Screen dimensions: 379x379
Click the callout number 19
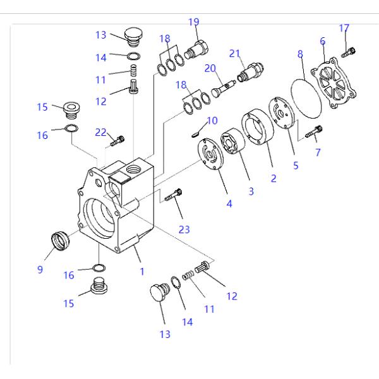[x=194, y=22]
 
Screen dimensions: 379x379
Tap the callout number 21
[x=234, y=54]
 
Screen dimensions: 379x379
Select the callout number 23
[x=184, y=229]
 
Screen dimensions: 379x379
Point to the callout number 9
[x=40, y=269]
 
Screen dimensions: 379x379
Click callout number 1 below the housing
[x=142, y=272]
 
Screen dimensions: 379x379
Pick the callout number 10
[x=212, y=121]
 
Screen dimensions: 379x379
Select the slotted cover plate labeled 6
[x=334, y=83]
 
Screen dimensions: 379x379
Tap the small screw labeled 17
[x=349, y=52]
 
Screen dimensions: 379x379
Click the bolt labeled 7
[x=313, y=131]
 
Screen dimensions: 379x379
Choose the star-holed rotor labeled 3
[x=232, y=141]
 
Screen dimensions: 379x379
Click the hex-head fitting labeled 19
[x=196, y=50]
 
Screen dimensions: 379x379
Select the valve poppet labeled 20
[x=224, y=88]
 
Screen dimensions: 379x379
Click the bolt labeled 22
[x=117, y=141]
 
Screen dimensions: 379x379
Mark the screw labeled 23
[x=173, y=195]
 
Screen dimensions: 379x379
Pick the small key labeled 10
[x=196, y=134]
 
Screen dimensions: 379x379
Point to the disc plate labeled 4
[x=210, y=154]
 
